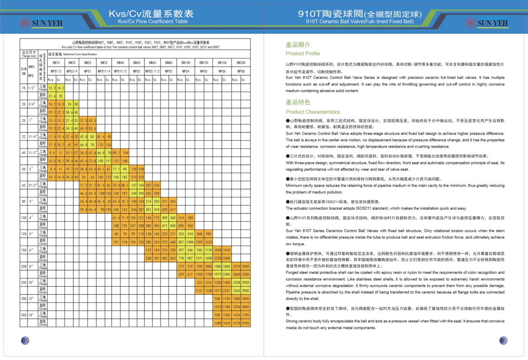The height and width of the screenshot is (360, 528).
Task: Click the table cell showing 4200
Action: tap(246, 274)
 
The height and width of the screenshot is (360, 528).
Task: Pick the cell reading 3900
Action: tap(246, 290)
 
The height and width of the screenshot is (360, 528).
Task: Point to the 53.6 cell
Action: tap(92, 128)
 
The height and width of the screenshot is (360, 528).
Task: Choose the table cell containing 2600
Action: tap(227, 258)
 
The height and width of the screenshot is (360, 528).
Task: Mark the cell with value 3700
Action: tap(246, 323)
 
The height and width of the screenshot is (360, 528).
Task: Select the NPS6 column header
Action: tap(222, 71)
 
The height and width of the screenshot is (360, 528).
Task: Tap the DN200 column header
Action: tap(241, 63)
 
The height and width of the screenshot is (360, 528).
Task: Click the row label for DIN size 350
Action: tap(24, 315)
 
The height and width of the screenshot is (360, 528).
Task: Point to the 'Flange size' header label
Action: tap(29, 54)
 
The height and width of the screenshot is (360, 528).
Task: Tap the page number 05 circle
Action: tap(25, 340)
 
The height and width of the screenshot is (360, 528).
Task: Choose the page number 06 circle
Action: tap(503, 340)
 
